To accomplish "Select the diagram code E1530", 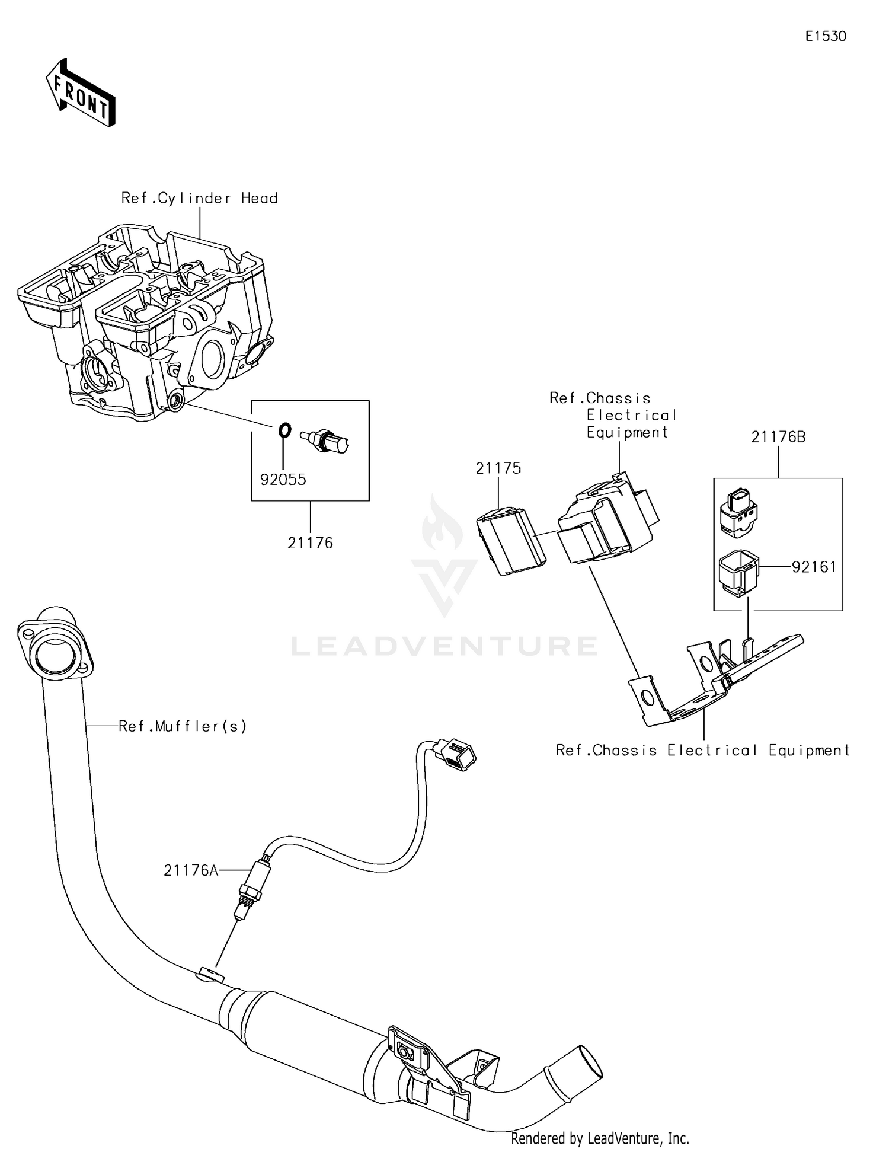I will point(825,36).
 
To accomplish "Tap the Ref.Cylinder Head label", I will point(199,198).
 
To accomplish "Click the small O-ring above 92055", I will point(284,430).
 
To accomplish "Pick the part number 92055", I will point(283,480).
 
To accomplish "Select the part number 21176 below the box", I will point(310,542).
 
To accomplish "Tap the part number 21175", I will point(498,468).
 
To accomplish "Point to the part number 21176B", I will point(778,437).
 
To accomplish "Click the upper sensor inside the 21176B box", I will point(738,513).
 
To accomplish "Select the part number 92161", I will point(814,567).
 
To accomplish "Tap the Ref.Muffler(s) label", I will point(183,726).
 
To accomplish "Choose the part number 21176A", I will point(191,870).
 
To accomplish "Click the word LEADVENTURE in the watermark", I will point(444,646).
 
